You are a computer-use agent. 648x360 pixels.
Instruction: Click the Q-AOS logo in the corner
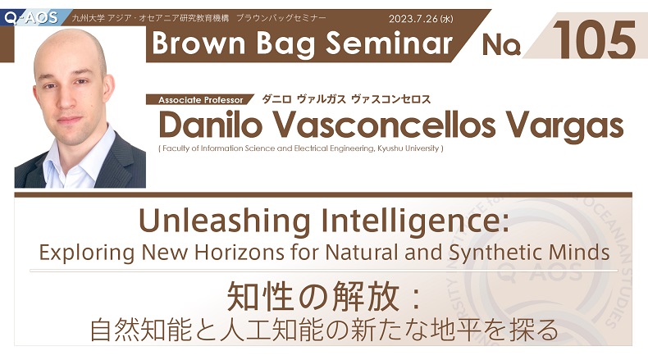pos(31,18)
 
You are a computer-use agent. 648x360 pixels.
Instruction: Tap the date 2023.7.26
pos(413,19)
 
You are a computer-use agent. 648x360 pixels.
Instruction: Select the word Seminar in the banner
pos(390,43)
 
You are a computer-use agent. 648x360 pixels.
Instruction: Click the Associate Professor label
pos(201,100)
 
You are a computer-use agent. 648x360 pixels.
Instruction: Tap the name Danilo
pos(210,125)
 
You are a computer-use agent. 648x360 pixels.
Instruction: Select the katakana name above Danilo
pos(346,99)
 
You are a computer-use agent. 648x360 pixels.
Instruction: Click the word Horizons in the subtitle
pos(239,252)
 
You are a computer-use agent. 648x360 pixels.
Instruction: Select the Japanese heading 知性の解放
pos(313,296)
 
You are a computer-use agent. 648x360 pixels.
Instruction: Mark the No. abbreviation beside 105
pos(501,44)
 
